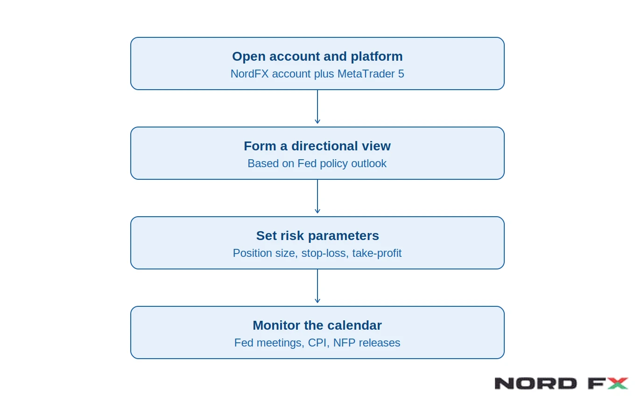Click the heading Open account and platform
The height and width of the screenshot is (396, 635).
pyautogui.click(x=317, y=57)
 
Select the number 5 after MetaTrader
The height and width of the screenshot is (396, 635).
pyautogui.click(x=401, y=74)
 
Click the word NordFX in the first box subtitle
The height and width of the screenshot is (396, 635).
pyautogui.click(x=249, y=74)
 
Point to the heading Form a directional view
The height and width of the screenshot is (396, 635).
pyautogui.click(x=317, y=146)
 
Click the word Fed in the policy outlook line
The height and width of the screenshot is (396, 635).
pyautogui.click(x=307, y=163)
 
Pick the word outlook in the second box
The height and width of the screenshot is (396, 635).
pyautogui.click(x=368, y=163)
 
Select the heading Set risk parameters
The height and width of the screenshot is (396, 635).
pyautogui.click(x=317, y=236)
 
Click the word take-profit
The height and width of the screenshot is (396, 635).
pyautogui.click(x=377, y=253)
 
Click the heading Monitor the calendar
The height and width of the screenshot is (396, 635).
pyautogui.click(x=317, y=325)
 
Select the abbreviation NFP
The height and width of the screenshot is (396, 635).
pyautogui.click(x=344, y=343)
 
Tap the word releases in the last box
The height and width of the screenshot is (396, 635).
pyautogui.click(x=380, y=343)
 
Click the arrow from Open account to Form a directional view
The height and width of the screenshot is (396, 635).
pyautogui.click(x=317, y=107)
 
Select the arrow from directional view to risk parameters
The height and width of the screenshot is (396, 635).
pyautogui.click(x=317, y=197)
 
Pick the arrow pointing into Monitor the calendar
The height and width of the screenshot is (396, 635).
pyautogui.click(x=317, y=286)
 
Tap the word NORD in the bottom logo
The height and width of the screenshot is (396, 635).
pyautogui.click(x=536, y=383)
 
